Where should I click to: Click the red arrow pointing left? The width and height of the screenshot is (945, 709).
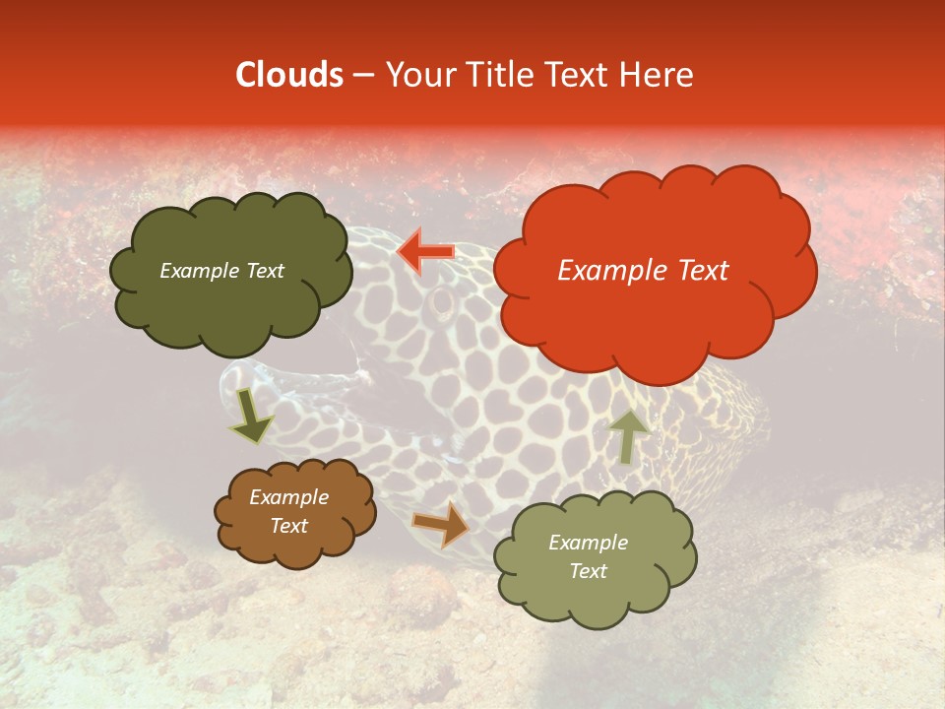pyautogui.click(x=426, y=252)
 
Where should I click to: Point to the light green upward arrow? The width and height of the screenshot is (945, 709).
pyautogui.click(x=627, y=436)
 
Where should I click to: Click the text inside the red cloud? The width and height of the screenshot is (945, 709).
pyautogui.click(x=643, y=271)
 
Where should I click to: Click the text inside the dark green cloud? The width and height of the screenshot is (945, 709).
pyautogui.click(x=221, y=271)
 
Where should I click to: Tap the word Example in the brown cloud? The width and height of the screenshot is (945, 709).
pyautogui.click(x=288, y=497)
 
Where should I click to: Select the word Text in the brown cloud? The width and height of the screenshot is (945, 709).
pyautogui.click(x=288, y=526)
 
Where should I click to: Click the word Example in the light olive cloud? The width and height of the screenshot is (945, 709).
pyautogui.click(x=588, y=543)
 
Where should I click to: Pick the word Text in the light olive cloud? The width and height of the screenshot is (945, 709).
pyautogui.click(x=588, y=571)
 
